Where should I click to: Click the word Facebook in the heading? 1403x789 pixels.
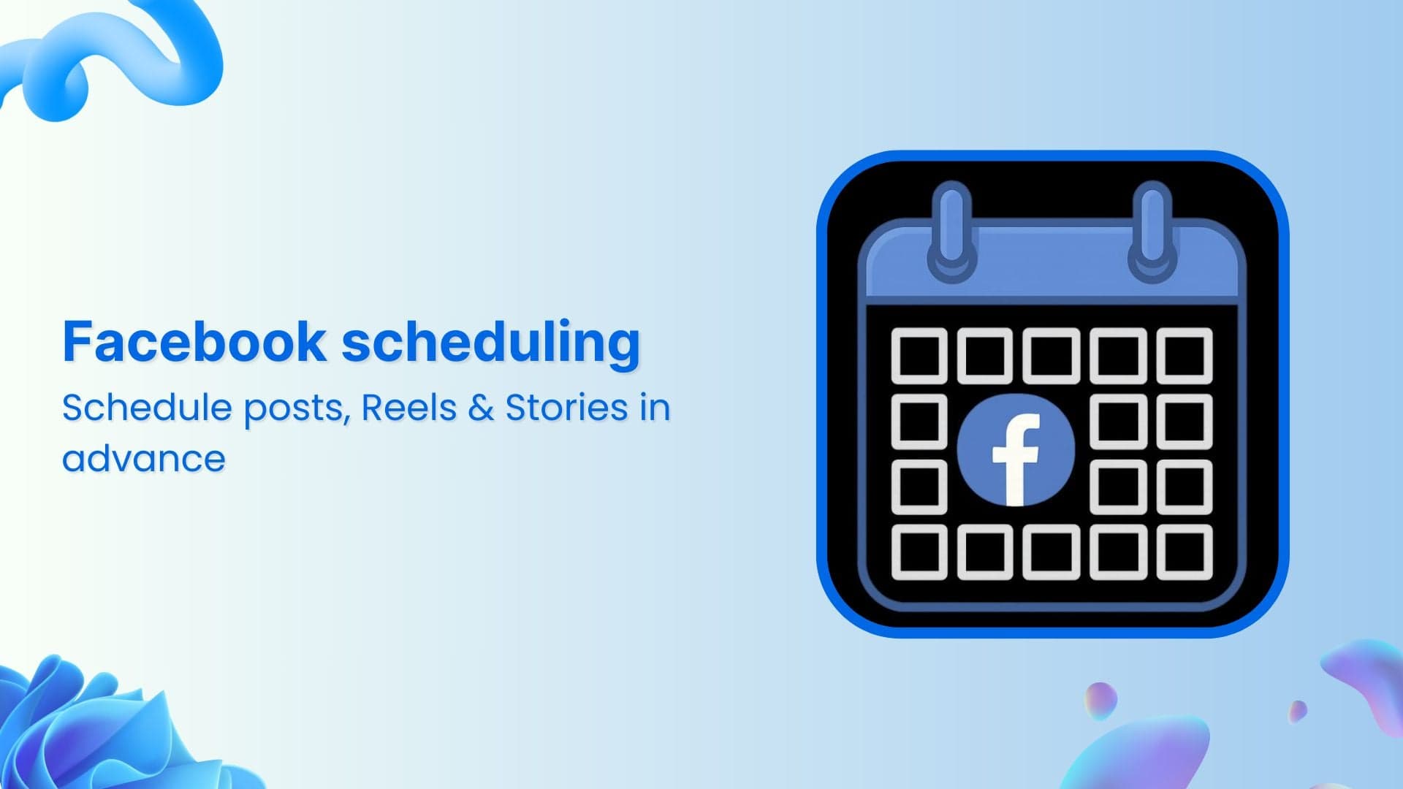194,341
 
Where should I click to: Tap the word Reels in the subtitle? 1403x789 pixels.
408,408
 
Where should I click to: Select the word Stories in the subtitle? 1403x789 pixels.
566,408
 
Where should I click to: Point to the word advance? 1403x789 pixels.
144,460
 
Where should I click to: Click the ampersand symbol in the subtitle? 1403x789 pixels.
481,408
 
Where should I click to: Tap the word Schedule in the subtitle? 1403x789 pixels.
146,408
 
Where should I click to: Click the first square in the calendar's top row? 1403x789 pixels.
919,356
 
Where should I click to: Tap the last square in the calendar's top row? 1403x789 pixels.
1185,356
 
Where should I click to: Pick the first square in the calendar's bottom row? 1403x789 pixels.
919,552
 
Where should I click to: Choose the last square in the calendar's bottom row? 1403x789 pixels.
1185,552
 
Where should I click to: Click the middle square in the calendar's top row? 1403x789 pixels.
1051,356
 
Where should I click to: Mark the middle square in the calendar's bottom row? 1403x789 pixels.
1051,552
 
